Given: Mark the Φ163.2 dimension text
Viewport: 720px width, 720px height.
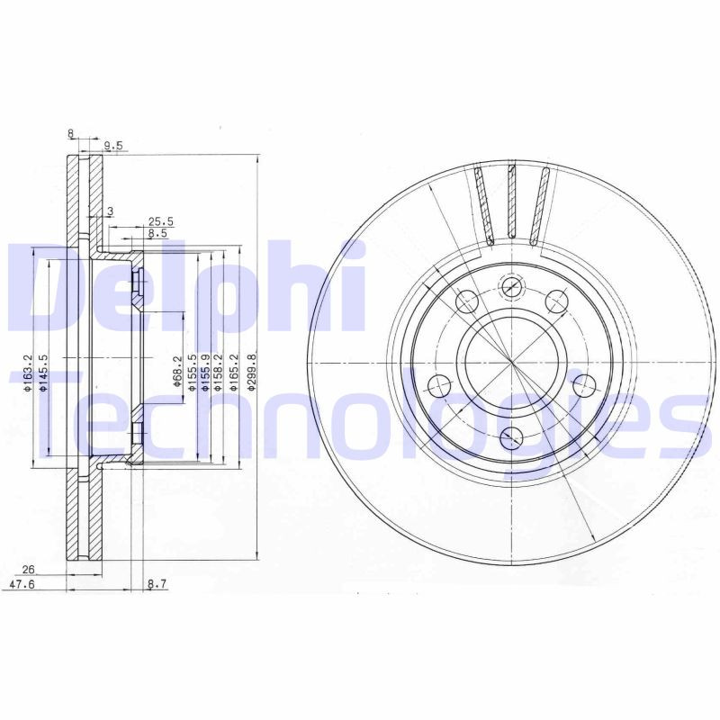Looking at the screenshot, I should click(x=29, y=371).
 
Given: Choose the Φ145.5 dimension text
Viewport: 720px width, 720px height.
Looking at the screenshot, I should click(x=42, y=371).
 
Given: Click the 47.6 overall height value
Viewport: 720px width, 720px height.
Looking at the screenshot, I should click(x=33, y=584).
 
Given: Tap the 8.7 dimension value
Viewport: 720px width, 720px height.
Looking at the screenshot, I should click(x=157, y=584).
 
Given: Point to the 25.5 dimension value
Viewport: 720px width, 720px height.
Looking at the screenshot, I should click(x=160, y=220).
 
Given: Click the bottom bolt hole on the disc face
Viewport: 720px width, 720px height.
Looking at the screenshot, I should click(x=511, y=437).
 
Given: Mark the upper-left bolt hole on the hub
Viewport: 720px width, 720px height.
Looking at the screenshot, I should click(x=466, y=301).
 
